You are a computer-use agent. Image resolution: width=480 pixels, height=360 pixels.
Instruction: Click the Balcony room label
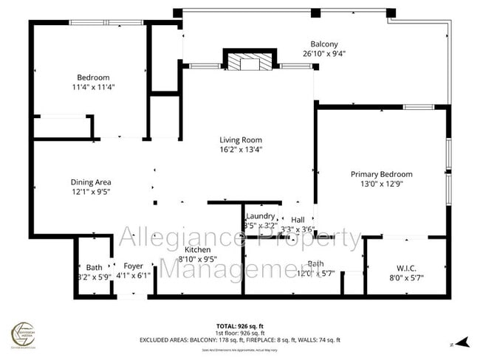tap(323, 44)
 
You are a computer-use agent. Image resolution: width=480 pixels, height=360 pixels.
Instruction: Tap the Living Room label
tap(241, 139)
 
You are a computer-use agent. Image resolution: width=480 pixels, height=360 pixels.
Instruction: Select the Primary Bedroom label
tap(381, 174)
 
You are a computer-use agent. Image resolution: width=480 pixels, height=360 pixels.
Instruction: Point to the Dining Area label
tap(91, 181)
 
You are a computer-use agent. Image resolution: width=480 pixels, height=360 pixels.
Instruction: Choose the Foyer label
tap(133, 266)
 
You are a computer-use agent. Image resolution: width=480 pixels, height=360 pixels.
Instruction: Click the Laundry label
tap(260, 216)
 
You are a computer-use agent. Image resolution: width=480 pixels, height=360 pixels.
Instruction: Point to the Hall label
tap(298, 220)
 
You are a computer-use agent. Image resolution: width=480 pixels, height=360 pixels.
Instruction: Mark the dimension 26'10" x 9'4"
tap(323, 53)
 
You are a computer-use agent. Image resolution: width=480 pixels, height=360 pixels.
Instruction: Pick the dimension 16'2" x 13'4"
tap(241, 149)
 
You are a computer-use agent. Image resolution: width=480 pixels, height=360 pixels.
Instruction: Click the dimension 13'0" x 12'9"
tap(381, 184)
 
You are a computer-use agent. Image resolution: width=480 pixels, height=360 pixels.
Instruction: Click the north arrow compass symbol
tap(462, 342)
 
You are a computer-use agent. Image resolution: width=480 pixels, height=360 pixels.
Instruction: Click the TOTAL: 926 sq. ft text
tap(240, 325)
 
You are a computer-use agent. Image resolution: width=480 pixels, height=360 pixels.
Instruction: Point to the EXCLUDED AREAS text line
tap(240, 339)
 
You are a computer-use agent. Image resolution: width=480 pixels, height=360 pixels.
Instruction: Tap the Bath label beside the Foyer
tap(94, 266)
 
